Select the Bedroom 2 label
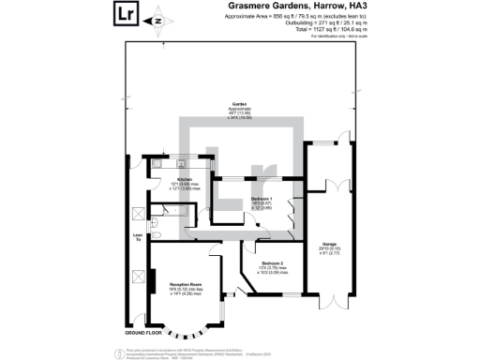pyautogui.click(x=272, y=262)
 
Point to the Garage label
pyautogui.click(x=329, y=242)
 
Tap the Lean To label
pyautogui.click(x=137, y=238)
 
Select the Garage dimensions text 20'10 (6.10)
pyautogui.click(x=329, y=247)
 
